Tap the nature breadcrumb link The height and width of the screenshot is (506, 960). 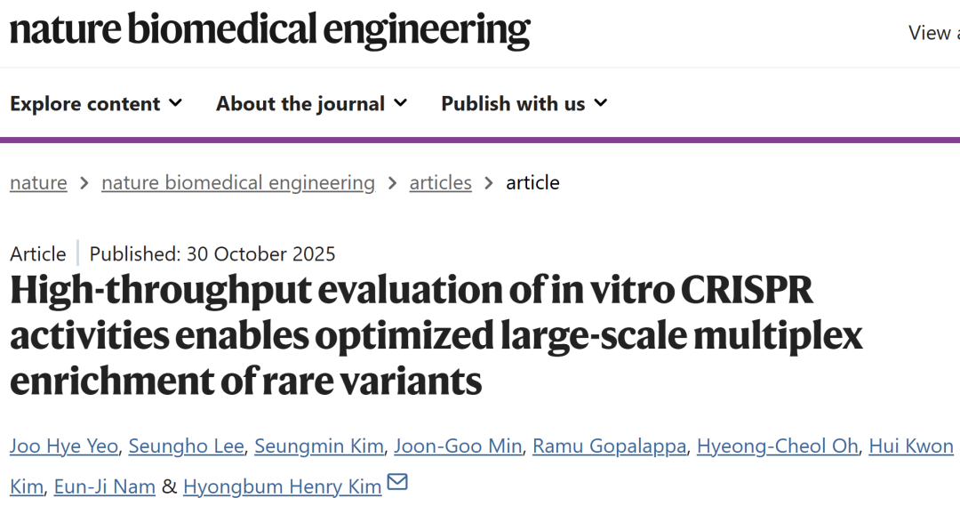[38, 182]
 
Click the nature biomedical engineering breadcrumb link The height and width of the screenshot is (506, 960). [238, 182]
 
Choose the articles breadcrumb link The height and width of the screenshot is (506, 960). [440, 182]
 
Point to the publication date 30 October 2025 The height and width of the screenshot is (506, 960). [260, 253]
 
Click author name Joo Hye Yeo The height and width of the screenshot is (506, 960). [63, 446]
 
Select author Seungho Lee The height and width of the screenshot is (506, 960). [186, 446]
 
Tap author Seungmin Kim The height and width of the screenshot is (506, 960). [319, 446]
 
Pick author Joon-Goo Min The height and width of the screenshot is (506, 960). [458, 446]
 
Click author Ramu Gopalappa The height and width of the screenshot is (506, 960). [609, 446]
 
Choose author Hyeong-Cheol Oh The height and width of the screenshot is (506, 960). [777, 446]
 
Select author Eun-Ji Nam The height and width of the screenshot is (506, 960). [105, 486]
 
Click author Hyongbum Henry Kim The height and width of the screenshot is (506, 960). [282, 486]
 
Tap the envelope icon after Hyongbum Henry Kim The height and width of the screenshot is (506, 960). [397, 483]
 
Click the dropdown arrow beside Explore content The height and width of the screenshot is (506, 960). [175, 103]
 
